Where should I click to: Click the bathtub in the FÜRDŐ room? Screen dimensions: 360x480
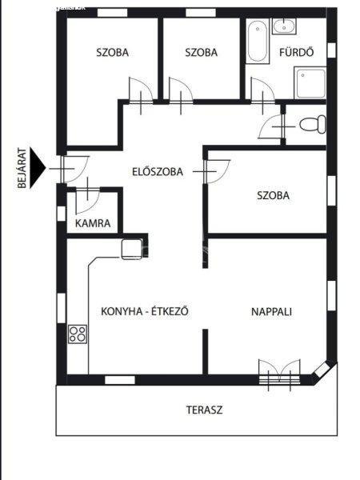pyautogui.click(x=258, y=42)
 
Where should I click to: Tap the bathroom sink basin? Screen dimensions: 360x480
pyautogui.click(x=284, y=26)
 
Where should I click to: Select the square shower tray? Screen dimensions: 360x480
pyautogui.click(x=310, y=82)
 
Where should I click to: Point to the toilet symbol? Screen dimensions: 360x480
pyautogui.click(x=312, y=124)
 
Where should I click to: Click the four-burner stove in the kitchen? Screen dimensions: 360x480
pyautogui.click(x=78, y=334)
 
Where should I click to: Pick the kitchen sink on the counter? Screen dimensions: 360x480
pyautogui.click(x=132, y=249)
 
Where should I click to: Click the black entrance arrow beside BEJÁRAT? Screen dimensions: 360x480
pyautogui.click(x=38, y=168)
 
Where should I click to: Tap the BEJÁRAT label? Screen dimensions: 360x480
pyautogui.click(x=22, y=168)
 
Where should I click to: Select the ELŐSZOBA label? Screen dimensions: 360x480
pyautogui.click(x=158, y=172)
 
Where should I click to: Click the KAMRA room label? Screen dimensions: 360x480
pyautogui.click(x=93, y=223)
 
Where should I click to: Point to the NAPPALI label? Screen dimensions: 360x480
pyautogui.click(x=271, y=312)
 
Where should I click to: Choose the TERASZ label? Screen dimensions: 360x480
pyautogui.click(x=205, y=410)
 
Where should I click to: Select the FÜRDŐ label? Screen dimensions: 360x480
pyautogui.click(x=296, y=52)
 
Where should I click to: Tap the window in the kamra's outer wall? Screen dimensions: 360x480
pyautogui.click(x=62, y=214)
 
